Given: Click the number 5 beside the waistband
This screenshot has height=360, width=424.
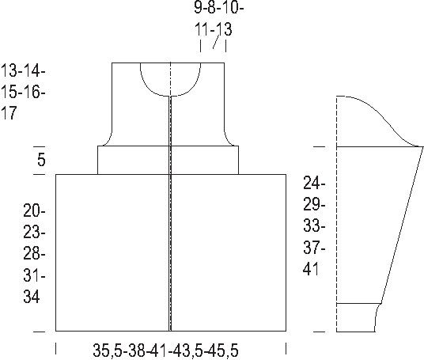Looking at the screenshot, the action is pyautogui.click(x=41, y=160).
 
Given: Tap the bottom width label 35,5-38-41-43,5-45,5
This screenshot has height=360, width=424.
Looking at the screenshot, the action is pyautogui.click(x=166, y=351).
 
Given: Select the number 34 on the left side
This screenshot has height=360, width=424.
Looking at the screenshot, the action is pyautogui.click(x=32, y=297).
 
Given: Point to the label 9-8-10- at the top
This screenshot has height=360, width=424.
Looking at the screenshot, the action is pyautogui.click(x=219, y=7).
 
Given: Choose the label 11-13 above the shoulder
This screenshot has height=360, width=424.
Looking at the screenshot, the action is pyautogui.click(x=214, y=29).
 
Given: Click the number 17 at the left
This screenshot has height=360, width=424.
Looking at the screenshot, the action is pyautogui.click(x=9, y=113).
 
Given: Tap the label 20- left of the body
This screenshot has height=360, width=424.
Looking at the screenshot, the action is pyautogui.click(x=34, y=210).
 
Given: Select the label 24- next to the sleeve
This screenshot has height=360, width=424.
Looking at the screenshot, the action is pyautogui.click(x=314, y=183).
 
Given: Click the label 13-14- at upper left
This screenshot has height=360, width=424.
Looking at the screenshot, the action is pyautogui.click(x=23, y=71).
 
